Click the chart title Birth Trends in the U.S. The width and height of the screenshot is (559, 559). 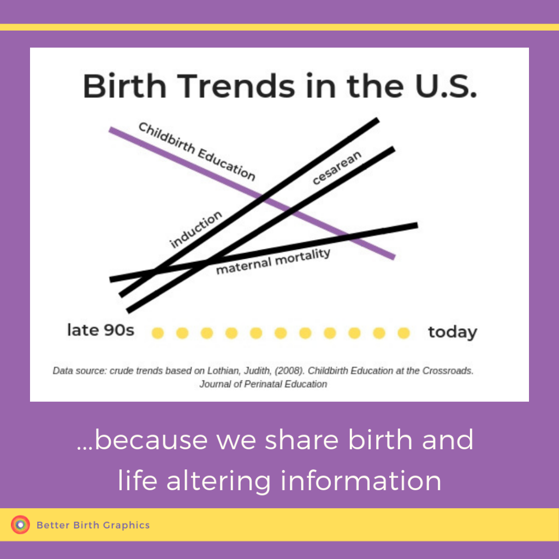(x=280, y=86)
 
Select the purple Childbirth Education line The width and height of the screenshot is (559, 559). (x=252, y=193)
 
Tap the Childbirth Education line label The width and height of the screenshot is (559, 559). (x=197, y=152)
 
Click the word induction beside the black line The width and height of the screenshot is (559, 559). (x=196, y=229)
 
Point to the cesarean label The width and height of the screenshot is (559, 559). (x=337, y=168)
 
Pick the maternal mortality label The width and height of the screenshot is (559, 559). (x=273, y=261)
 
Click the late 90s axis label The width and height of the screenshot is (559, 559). (x=101, y=330)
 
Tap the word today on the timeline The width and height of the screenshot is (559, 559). (x=453, y=332)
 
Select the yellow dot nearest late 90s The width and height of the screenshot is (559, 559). (x=158, y=333)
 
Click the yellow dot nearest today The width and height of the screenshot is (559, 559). (x=403, y=333)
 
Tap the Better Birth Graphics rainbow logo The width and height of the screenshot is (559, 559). (x=20, y=525)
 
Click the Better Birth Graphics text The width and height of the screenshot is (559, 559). (x=93, y=525)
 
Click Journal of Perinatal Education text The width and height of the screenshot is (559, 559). (x=263, y=384)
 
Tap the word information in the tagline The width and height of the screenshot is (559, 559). (x=361, y=480)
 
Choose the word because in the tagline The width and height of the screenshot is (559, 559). (x=151, y=439)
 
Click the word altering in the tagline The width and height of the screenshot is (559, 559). (x=218, y=481)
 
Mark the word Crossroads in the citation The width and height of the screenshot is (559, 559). (x=448, y=371)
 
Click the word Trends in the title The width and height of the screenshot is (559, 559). (x=236, y=86)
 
